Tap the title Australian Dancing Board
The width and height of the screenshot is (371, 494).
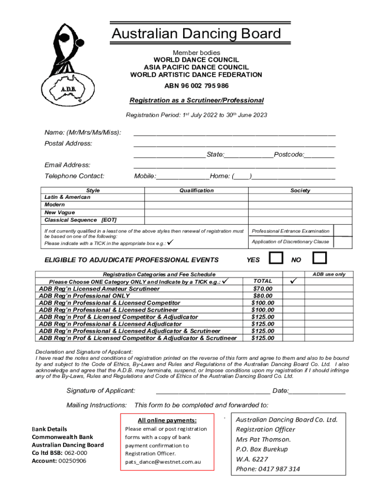196,34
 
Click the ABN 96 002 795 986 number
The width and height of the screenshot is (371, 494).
196,86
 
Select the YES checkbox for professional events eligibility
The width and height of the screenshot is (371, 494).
276,258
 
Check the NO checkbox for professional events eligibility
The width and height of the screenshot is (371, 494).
319,258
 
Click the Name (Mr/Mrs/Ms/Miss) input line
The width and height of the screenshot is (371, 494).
234,133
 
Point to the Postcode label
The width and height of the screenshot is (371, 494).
289,154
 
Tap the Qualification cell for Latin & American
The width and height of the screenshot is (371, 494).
196,197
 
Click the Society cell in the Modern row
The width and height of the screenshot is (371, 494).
300,205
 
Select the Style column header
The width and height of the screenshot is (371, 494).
93,191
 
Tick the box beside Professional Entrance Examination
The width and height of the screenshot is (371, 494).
343,231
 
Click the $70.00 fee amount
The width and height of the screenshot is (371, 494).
263,288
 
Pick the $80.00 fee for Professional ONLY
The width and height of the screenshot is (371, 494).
263,296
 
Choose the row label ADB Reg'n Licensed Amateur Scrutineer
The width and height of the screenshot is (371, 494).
99,288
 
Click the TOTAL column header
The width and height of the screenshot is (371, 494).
263,281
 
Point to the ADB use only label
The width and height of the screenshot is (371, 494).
329,274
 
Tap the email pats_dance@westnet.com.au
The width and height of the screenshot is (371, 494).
163,462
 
